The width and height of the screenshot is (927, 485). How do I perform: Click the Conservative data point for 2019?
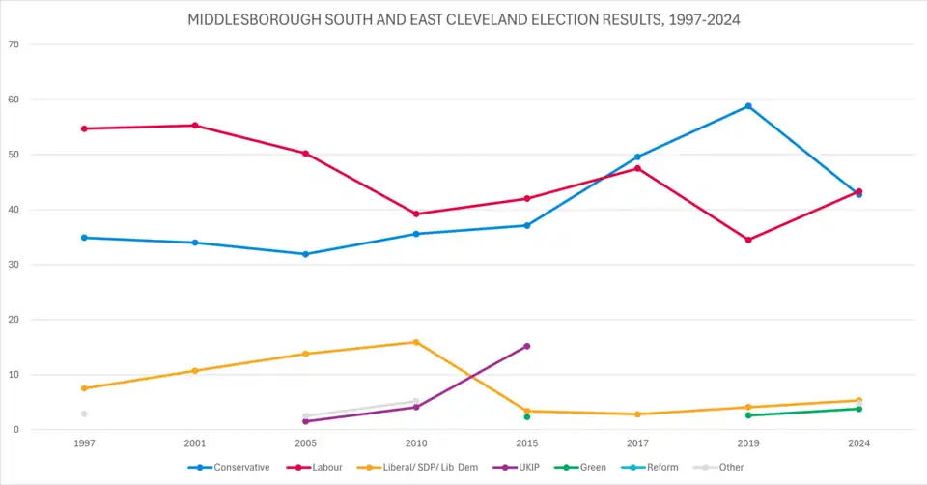tap(748, 106)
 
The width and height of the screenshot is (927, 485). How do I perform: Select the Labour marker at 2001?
tap(195, 126)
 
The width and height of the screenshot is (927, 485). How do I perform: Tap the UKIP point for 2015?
tap(526, 346)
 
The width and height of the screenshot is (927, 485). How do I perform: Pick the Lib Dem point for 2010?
tap(416, 342)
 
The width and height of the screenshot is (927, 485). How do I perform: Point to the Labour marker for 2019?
tap(748, 240)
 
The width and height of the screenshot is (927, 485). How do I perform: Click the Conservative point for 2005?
tap(305, 254)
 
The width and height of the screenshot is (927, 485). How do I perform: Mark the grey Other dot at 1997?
tap(84, 414)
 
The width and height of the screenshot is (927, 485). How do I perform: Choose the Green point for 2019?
tap(748, 415)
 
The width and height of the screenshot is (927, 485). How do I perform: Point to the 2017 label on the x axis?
tap(637, 443)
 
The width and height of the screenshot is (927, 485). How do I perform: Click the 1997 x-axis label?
tap(84, 443)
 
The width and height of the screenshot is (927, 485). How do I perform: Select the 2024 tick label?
tap(858, 443)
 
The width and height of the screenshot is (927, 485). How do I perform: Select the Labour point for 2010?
tap(416, 214)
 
